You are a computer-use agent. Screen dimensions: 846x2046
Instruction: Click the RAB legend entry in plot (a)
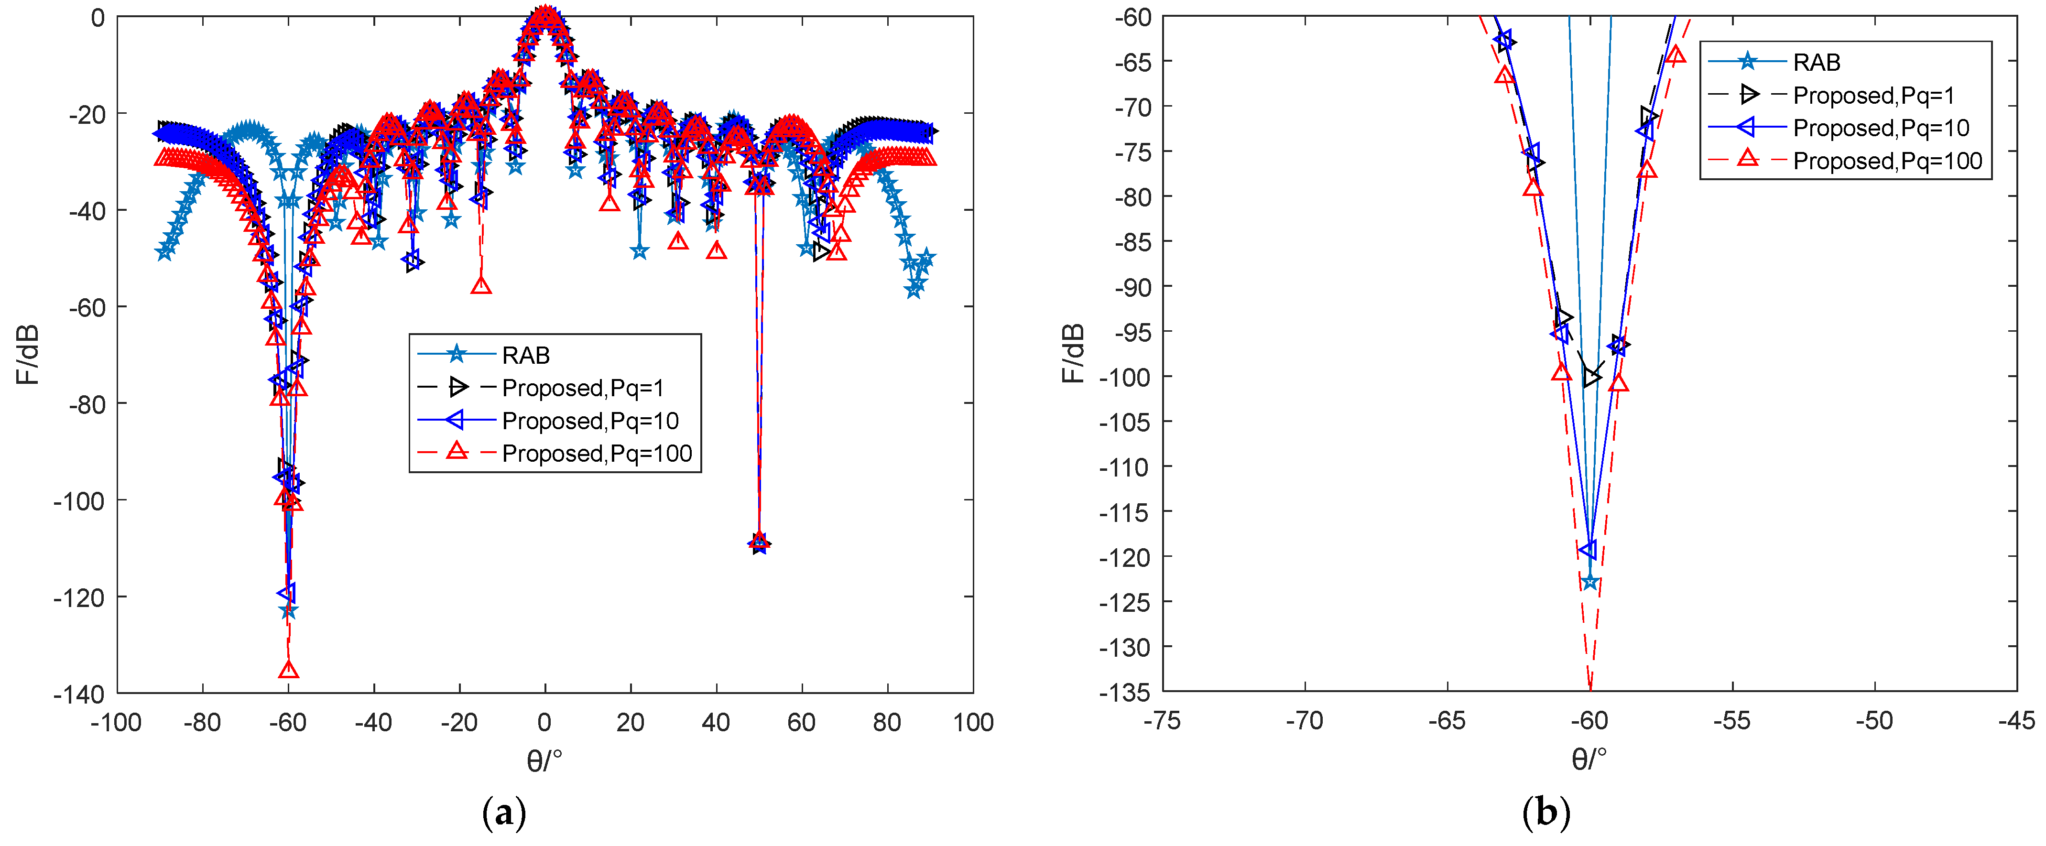click(526, 355)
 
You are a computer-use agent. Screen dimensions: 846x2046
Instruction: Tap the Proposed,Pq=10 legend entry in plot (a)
click(590, 420)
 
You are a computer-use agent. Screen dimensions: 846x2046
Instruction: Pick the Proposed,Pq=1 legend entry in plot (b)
click(1873, 95)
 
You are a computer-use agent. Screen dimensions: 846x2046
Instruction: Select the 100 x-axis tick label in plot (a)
click(973, 723)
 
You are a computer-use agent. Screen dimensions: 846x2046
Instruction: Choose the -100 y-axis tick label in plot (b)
click(1125, 377)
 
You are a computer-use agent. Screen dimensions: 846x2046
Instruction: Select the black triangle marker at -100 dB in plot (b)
click(1591, 377)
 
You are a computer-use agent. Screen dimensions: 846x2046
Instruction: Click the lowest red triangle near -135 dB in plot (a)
click(288, 670)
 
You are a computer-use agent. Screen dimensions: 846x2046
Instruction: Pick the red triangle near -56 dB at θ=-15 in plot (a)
click(480, 285)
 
